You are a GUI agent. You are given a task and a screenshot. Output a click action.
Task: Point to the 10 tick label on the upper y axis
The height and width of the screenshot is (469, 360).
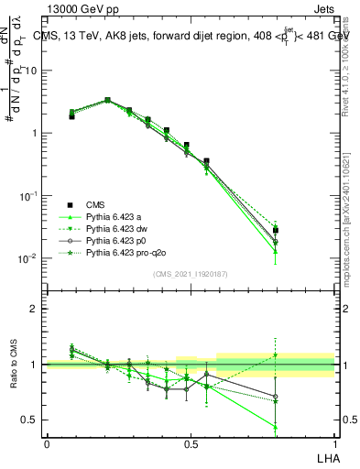[x=31, y=71]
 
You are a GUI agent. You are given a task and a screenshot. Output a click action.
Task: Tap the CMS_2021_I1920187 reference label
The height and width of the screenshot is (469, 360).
[x=190, y=273]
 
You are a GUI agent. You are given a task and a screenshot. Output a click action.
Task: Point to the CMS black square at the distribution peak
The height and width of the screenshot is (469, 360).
[x=107, y=101]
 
